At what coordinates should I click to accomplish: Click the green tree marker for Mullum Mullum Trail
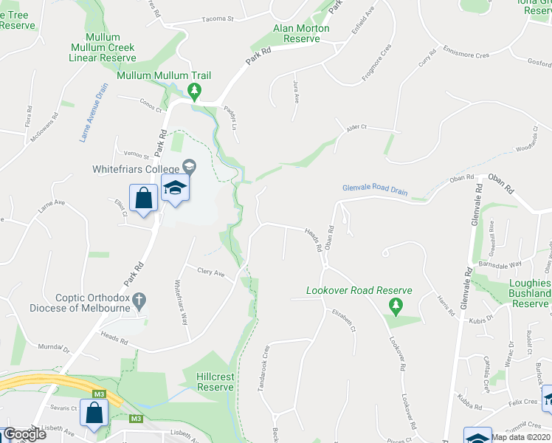[x=194, y=92]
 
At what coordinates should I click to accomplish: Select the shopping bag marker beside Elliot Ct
[x=142, y=197]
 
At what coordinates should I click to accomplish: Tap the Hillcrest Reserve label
[x=215, y=382]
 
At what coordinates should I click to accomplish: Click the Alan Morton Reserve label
[x=301, y=33]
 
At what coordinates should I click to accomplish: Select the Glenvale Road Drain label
[x=375, y=190]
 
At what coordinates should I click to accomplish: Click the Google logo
[x=24, y=434]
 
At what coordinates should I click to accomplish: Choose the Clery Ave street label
[x=210, y=272]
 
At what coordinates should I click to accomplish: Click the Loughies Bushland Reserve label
[x=530, y=293]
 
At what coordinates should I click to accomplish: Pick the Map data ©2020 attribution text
[x=521, y=437]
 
